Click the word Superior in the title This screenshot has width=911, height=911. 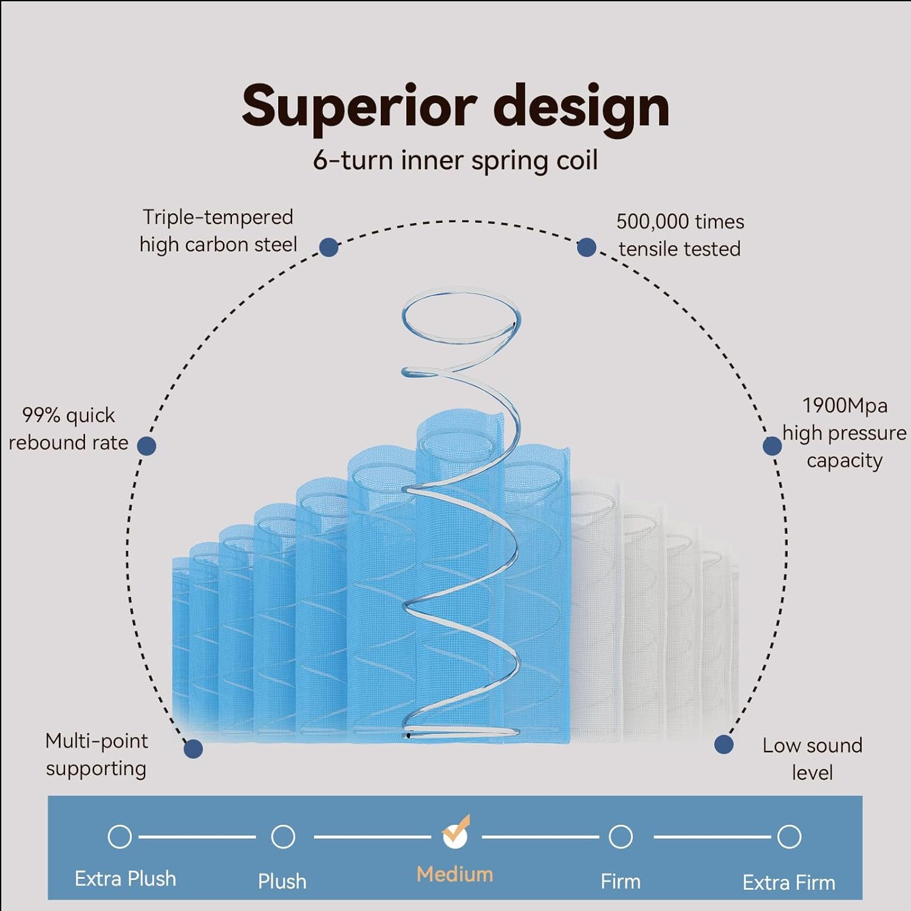pyautogui.click(x=358, y=106)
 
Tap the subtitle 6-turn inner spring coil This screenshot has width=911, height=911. pyautogui.click(x=455, y=160)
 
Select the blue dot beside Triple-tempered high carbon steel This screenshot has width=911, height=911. pyautogui.click(x=329, y=247)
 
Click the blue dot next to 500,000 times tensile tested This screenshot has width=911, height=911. pyautogui.click(x=586, y=247)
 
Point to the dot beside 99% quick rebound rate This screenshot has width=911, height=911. pyautogui.click(x=146, y=446)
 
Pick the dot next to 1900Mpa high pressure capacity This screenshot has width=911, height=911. pyautogui.click(x=772, y=446)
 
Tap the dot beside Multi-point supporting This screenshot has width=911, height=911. pyautogui.click(x=193, y=748)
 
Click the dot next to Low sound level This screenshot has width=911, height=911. pyautogui.click(x=723, y=745)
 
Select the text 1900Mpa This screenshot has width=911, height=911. pyautogui.click(x=845, y=405)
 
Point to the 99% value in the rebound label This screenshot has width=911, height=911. pyautogui.click(x=41, y=415)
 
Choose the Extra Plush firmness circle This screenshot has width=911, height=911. pyautogui.click(x=120, y=836)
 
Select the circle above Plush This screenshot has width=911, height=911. pyautogui.click(x=283, y=836)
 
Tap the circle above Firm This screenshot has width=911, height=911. pyautogui.click(x=620, y=836)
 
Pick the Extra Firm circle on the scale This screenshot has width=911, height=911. pyautogui.click(x=789, y=836)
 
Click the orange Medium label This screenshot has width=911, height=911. pyautogui.click(x=455, y=874)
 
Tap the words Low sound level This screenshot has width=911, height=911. pyautogui.click(x=812, y=759)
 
